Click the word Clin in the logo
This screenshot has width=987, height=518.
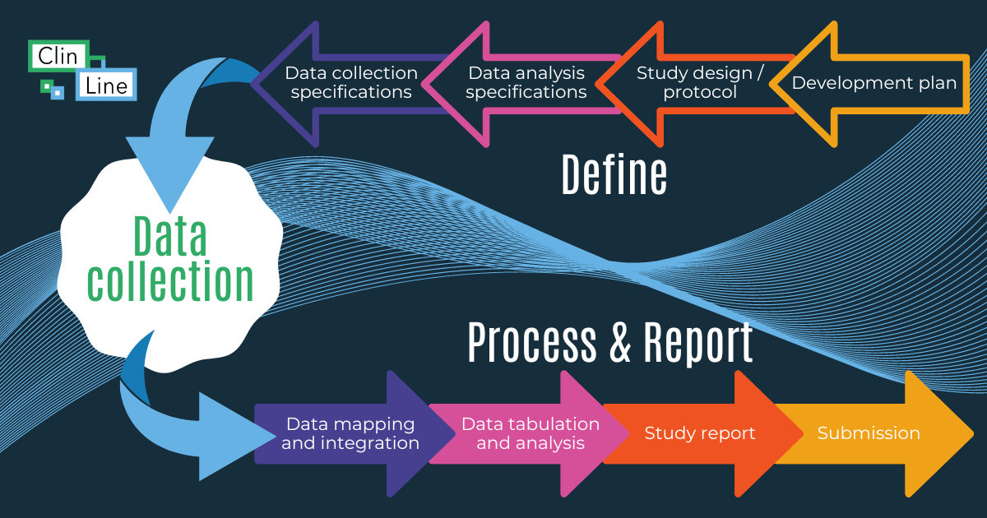pos(56,55)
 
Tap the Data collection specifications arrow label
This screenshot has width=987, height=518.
pos(351,82)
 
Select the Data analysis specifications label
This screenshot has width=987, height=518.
pos(526,82)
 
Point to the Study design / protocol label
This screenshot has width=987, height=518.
pos(700,82)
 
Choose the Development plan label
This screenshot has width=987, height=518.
pos(874,83)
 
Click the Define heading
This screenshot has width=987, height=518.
pos(614,174)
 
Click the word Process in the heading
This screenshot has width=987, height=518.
pos(532,342)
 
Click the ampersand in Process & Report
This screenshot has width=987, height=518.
pos(620,344)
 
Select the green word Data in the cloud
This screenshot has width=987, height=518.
pos(169,238)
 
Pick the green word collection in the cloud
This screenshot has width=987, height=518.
pos(170,281)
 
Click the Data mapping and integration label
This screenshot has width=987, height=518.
pos(350,433)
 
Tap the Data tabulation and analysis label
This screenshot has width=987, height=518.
pos(531,433)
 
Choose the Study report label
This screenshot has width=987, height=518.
pos(700,433)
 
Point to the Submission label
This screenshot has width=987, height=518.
pos(869,433)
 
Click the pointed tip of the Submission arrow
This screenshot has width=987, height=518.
pos(971,433)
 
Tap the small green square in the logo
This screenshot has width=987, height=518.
pos(46,85)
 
